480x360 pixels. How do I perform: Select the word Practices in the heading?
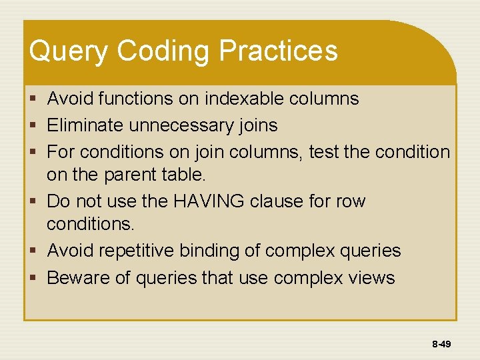click(x=278, y=51)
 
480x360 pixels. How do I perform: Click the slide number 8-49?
click(x=441, y=345)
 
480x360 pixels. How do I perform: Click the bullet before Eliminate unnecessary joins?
click(x=33, y=126)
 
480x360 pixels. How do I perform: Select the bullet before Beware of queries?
click(x=33, y=278)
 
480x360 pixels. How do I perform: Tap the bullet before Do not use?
click(x=33, y=202)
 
